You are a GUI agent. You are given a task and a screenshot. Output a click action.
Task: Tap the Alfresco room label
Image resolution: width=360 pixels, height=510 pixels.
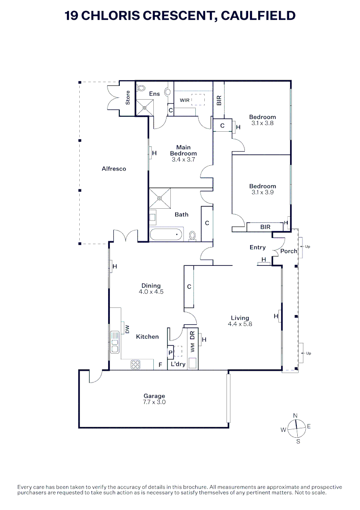114,169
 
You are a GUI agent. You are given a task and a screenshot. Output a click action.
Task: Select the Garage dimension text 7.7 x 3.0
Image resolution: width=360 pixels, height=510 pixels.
154,402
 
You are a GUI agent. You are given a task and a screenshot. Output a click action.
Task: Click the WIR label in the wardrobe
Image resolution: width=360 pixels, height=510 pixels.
184,100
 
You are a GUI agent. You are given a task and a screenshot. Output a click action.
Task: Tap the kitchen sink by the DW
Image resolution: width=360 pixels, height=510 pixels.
115,339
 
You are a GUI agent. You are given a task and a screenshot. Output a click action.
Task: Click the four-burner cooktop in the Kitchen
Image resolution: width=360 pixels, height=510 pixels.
135,364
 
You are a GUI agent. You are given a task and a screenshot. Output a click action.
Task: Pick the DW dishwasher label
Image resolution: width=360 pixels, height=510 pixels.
127,329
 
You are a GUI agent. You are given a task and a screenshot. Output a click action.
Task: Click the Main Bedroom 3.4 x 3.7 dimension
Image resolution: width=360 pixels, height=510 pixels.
183,160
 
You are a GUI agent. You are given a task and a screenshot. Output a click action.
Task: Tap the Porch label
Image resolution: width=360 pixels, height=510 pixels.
288,251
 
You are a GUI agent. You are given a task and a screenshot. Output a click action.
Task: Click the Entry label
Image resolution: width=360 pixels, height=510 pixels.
258,247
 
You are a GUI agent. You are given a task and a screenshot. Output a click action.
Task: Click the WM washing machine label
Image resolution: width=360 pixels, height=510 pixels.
192,348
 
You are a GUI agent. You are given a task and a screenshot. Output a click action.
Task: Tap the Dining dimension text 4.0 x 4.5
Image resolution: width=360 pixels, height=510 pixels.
151,292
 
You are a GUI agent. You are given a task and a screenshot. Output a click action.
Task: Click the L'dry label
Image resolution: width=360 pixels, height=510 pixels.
178,365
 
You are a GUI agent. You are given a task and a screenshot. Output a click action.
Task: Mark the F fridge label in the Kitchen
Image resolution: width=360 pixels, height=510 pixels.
160,365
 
